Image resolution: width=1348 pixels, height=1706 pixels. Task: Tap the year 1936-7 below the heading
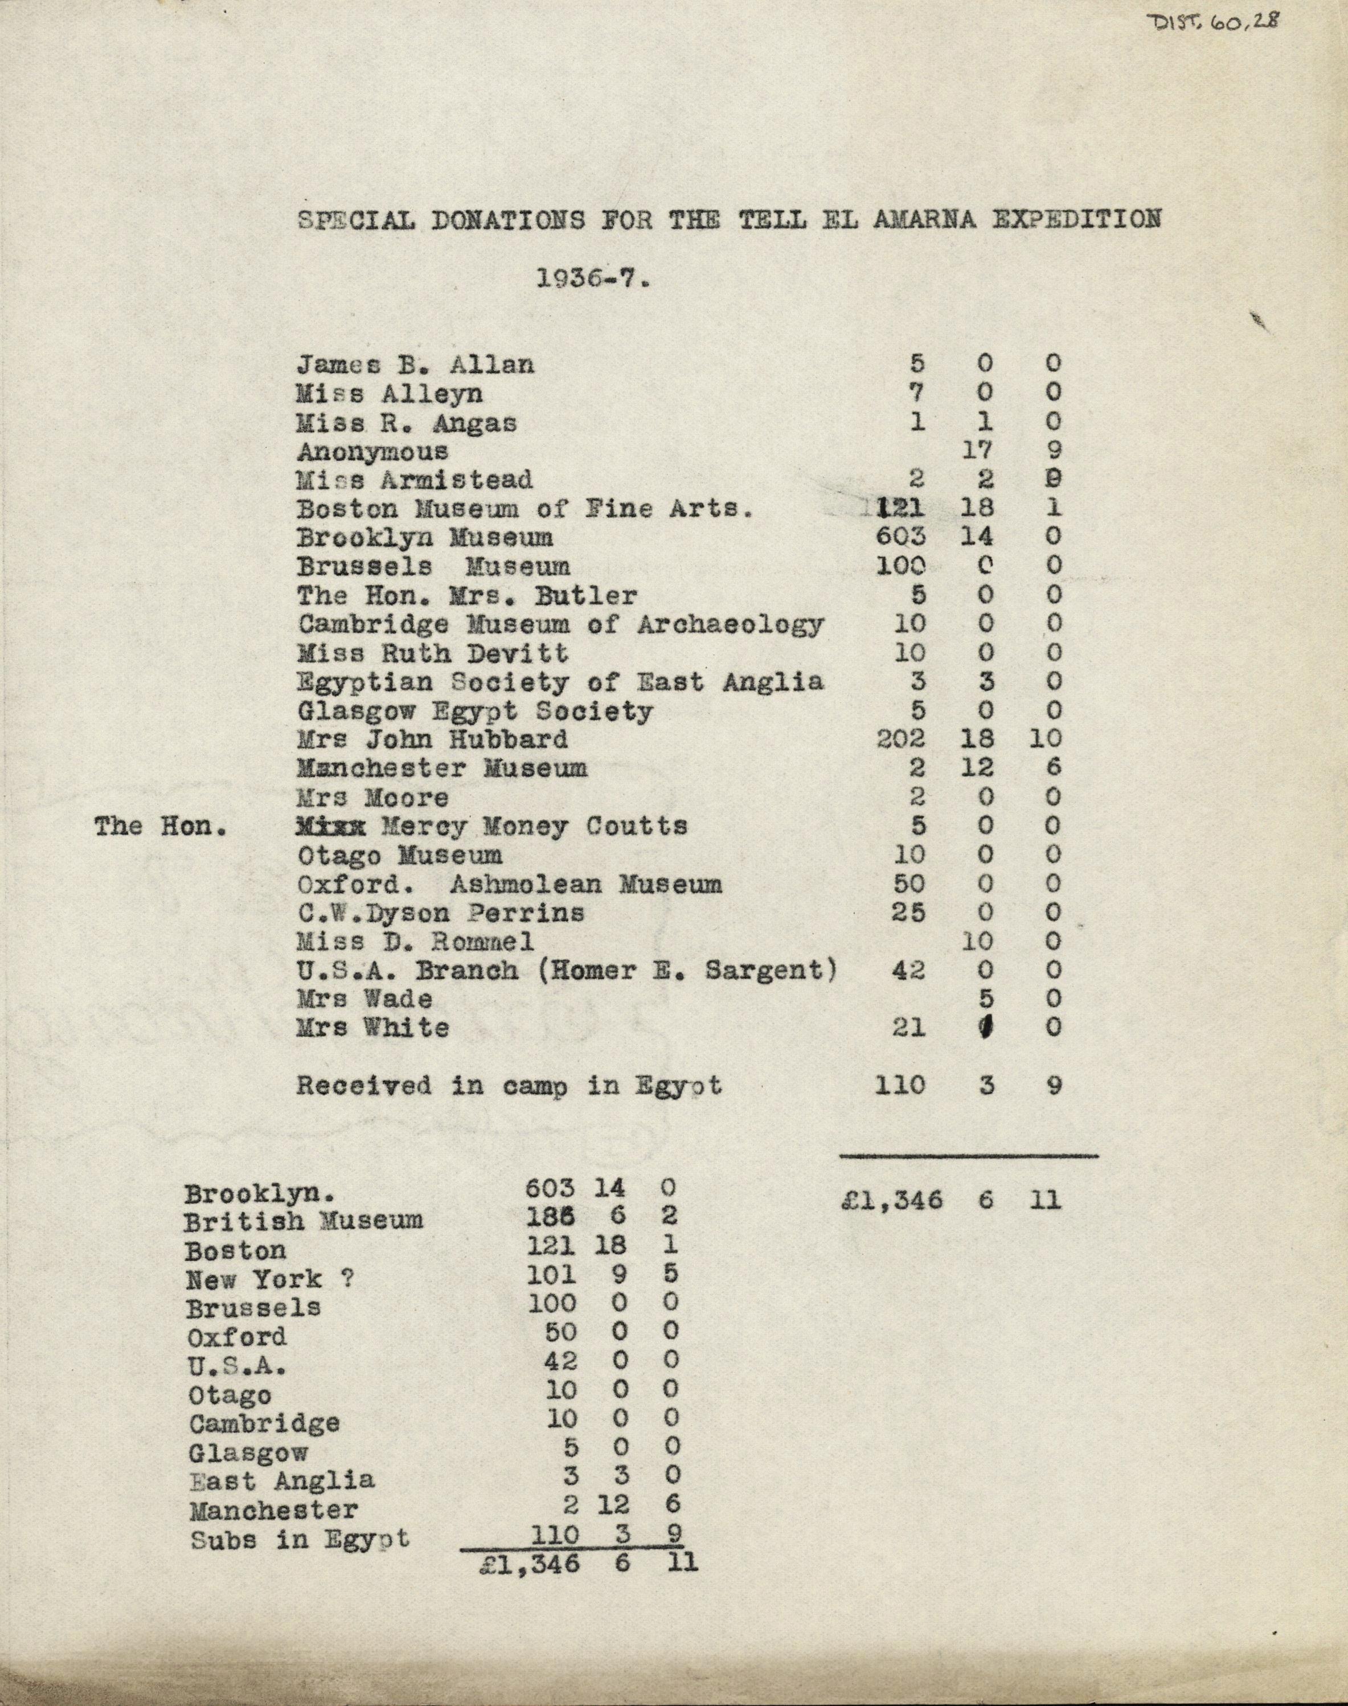(x=592, y=280)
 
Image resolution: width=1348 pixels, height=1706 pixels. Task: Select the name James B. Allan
(x=415, y=364)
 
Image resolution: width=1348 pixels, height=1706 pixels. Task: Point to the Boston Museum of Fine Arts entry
(x=524, y=509)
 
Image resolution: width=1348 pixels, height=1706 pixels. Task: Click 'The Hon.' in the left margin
(x=161, y=827)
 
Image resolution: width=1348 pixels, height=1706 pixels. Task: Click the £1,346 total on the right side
(x=891, y=1201)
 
